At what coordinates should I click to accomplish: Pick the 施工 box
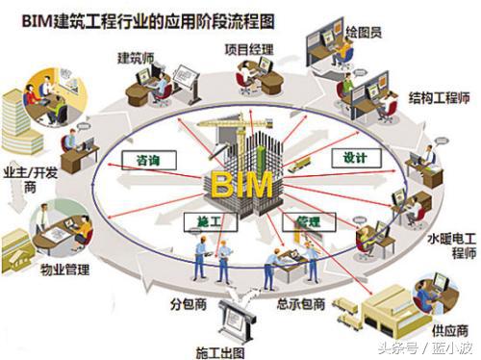[x=196, y=222]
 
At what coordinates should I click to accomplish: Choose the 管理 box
[x=307, y=221]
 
